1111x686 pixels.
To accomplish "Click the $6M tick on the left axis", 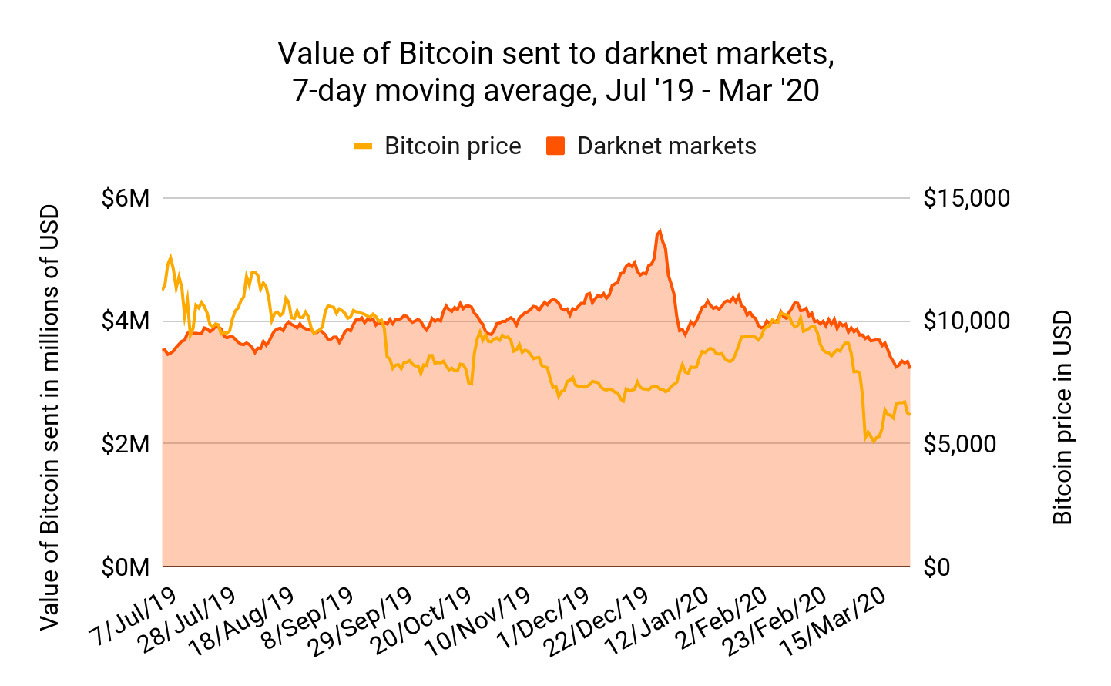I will click(125, 198).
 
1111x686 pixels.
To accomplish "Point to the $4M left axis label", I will click(125, 321).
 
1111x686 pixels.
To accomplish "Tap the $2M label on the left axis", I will click(125, 444).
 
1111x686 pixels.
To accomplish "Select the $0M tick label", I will click(125, 567).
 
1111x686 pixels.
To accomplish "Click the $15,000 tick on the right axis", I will click(966, 198).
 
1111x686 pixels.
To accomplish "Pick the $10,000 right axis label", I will click(966, 321).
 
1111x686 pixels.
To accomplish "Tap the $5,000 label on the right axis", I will click(961, 444).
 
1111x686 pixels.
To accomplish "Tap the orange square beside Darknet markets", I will click(555, 146).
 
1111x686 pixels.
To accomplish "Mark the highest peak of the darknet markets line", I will click(660, 230).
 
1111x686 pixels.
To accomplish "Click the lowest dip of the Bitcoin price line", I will click(873, 442).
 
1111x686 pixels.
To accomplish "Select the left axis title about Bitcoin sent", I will click(50, 416).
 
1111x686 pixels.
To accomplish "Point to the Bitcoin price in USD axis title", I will click(1062, 416).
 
